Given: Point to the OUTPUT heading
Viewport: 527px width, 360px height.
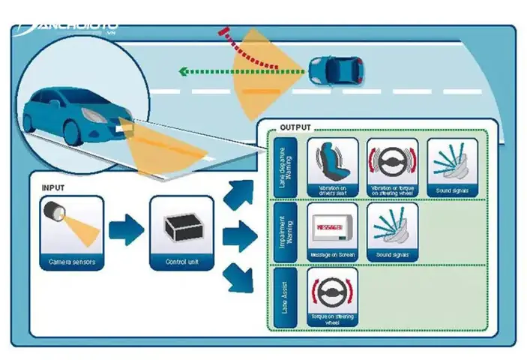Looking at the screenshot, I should click(x=295, y=128).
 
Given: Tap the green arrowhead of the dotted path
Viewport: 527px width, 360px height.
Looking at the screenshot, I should click(x=183, y=73).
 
